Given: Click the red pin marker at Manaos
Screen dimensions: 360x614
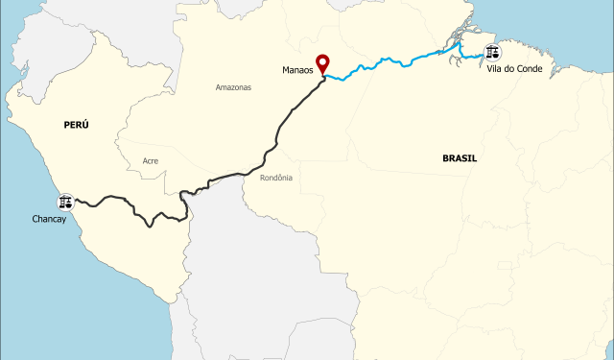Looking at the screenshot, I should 322,63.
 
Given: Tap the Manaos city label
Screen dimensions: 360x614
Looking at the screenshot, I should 298,70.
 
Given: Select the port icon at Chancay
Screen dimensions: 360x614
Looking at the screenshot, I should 66,202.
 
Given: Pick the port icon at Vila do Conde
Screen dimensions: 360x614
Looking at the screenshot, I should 493,52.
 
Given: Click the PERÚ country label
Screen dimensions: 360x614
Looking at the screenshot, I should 76,125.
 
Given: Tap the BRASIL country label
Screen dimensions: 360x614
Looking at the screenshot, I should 460,157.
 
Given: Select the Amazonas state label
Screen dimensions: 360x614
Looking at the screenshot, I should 233,87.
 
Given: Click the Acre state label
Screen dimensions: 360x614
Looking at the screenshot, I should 150,160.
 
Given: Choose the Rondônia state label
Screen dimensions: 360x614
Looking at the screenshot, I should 276,178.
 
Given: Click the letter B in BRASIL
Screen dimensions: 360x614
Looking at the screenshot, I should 445,157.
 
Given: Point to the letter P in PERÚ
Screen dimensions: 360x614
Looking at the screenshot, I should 65,125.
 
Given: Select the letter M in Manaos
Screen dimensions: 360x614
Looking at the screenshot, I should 285,70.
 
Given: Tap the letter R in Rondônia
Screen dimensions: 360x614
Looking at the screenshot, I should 262,178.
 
